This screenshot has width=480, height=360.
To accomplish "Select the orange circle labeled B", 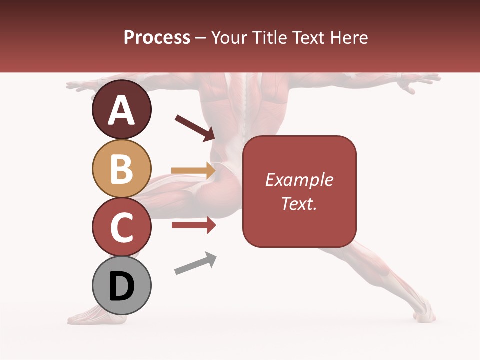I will tap(121, 168).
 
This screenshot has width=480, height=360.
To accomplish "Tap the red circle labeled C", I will tap(121, 227).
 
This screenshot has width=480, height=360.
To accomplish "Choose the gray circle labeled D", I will tap(121, 285).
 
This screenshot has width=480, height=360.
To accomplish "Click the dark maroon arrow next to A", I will tap(195, 127).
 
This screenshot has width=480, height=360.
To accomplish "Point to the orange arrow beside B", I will tap(193, 171).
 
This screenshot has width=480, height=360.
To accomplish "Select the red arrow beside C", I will tap(193, 225).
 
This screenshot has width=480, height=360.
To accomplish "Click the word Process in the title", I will tap(157, 37).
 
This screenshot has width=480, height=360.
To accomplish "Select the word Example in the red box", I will tap(299, 180).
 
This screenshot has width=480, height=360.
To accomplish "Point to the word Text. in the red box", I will tap(299, 203).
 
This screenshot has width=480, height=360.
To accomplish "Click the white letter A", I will tap(121, 110).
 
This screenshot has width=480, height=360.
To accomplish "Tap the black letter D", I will tap(121, 287).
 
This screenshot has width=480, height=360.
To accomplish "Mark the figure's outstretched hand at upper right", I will tap(422, 81).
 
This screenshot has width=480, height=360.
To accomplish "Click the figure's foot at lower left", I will tap(87, 315).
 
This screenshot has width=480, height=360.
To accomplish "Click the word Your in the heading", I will tap(230, 37).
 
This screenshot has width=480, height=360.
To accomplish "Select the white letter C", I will tap(121, 228).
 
